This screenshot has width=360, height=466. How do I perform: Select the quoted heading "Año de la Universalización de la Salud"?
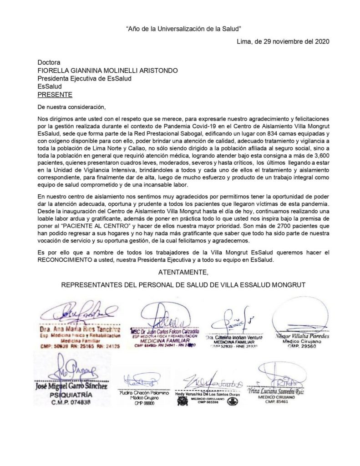(x=183, y=29)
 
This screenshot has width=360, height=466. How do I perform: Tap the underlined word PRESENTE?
(x=55, y=95)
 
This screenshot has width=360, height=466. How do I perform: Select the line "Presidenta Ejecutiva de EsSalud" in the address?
(x=84, y=79)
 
